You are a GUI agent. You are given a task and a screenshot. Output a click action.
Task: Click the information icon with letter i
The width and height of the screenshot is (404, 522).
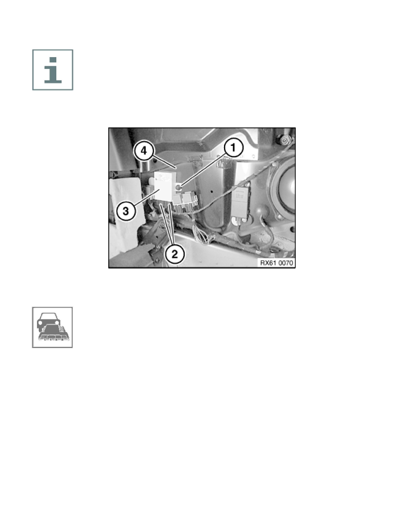(x=53, y=70)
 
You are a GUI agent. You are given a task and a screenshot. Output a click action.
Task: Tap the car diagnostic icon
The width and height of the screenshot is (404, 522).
(x=52, y=327)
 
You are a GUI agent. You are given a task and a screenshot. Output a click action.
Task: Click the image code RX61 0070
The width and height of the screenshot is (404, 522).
(x=276, y=263)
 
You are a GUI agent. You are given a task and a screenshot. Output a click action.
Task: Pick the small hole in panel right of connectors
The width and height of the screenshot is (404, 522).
(x=212, y=192)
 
